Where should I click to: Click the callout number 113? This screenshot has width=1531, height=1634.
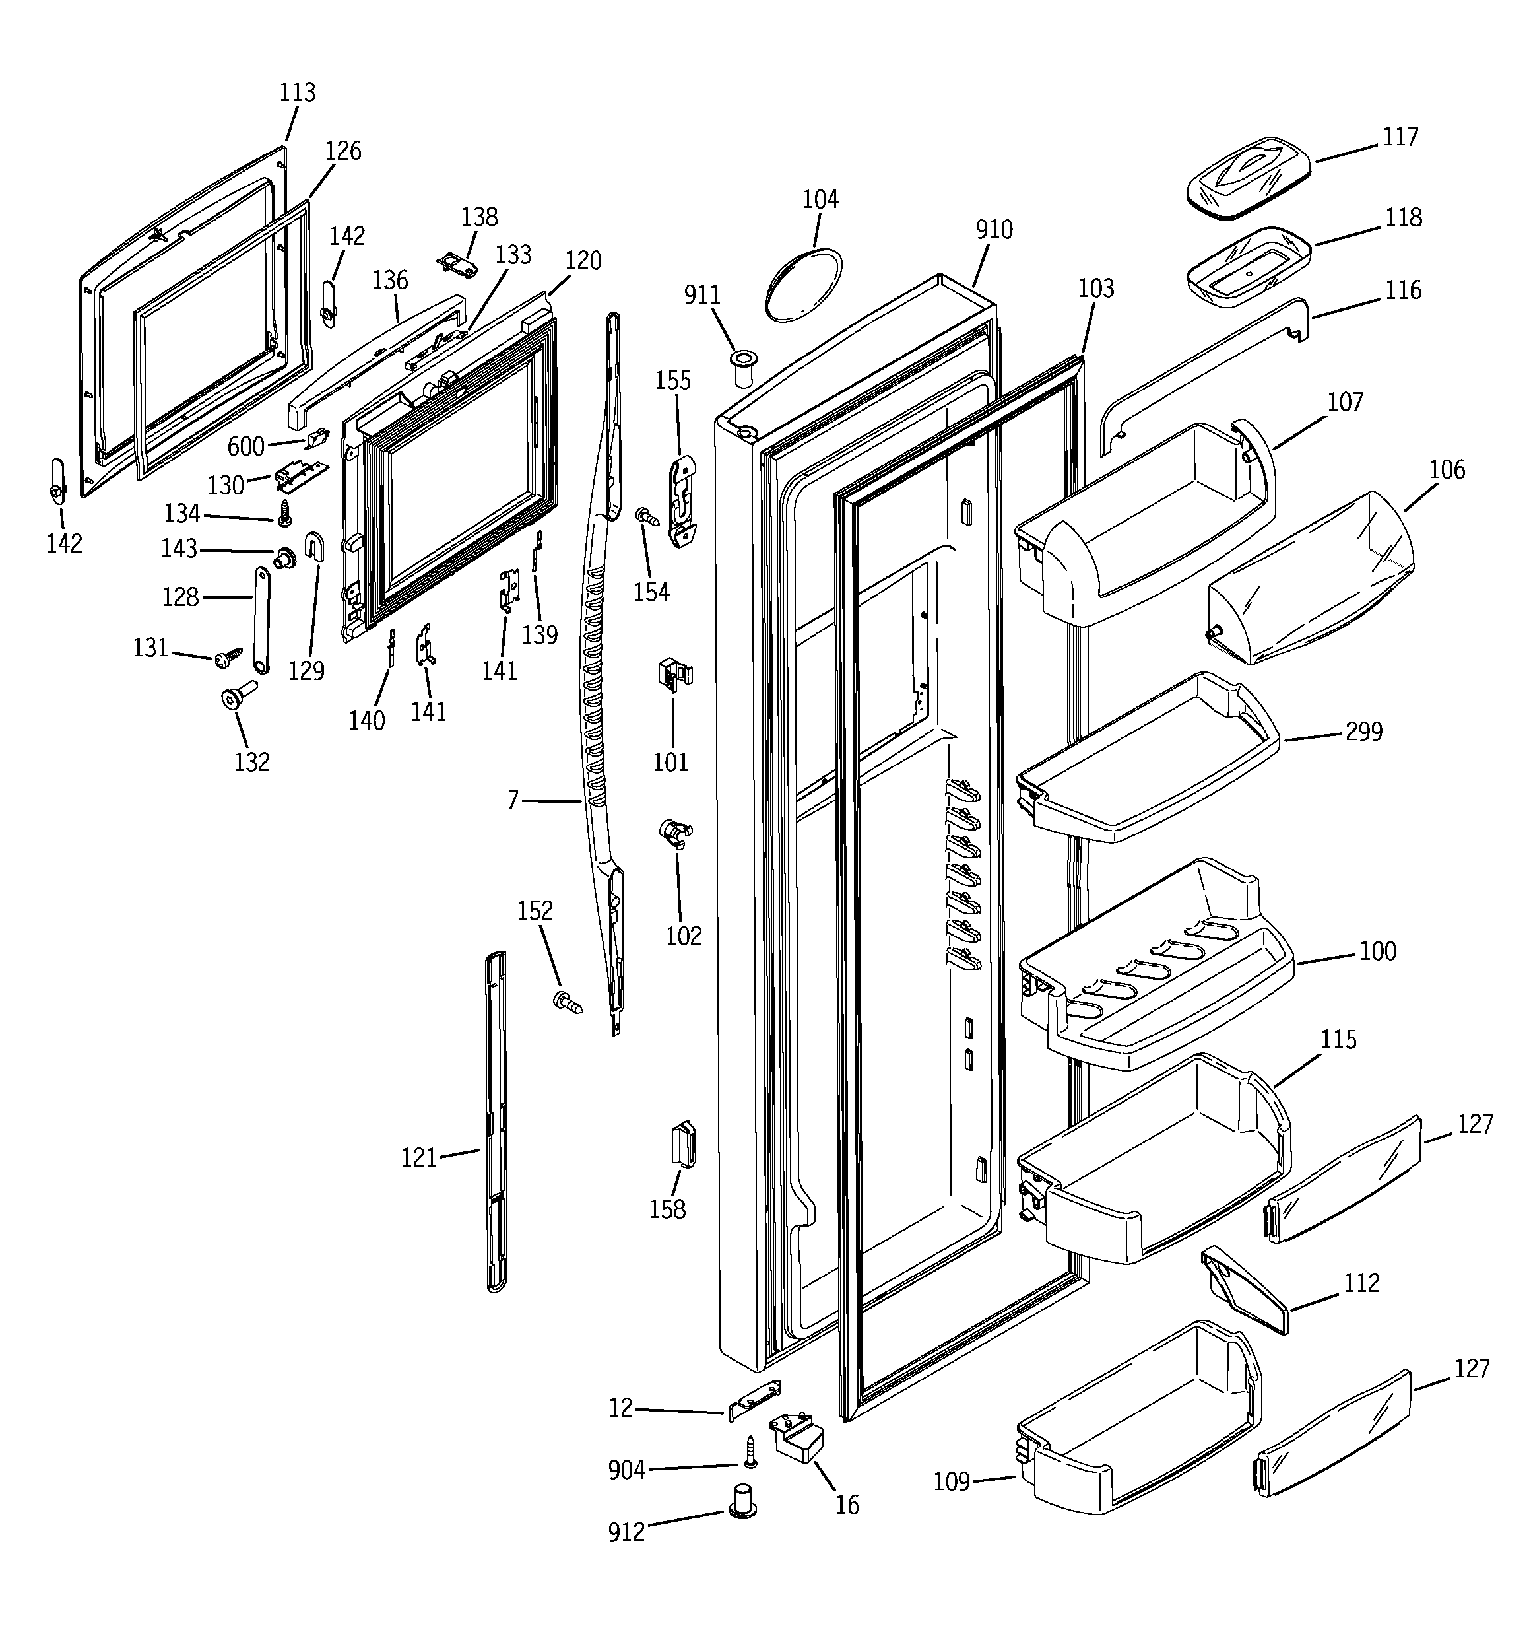298,92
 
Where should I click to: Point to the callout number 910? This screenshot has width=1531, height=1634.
994,230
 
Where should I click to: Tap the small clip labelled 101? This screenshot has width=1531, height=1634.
674,675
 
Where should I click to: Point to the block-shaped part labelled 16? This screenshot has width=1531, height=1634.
797,1439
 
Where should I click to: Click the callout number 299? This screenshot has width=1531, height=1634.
1363,732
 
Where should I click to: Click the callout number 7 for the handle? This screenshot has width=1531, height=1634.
513,800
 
